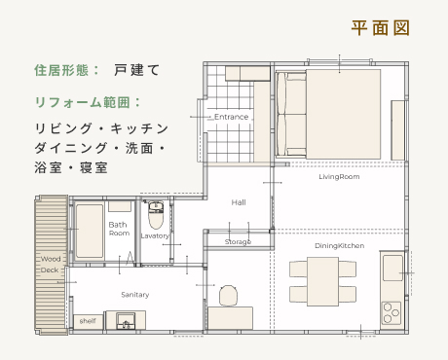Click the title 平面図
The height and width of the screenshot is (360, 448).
380,28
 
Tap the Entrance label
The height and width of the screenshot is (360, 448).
231,117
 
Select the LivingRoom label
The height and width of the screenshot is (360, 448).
339,177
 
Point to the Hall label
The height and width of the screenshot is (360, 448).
239,202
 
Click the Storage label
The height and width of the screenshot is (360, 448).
238,242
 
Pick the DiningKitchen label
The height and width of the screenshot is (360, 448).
339,246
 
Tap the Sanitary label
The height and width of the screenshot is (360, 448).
135,295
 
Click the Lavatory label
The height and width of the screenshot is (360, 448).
155,235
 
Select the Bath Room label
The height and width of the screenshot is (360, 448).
119,229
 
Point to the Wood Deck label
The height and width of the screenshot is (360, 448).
51,265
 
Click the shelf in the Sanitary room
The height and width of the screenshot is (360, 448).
88,322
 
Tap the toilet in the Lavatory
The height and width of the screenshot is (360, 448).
156,215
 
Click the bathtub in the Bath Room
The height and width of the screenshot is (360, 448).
90,231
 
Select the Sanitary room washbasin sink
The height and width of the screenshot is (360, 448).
126,321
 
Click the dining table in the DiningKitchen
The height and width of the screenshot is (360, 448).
322,281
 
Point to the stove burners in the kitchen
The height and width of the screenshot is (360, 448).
392,313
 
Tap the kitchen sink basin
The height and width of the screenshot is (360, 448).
392,269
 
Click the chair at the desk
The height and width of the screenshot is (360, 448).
229,296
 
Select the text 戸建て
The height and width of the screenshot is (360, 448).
136,70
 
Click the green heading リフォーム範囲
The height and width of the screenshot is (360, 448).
84,102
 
